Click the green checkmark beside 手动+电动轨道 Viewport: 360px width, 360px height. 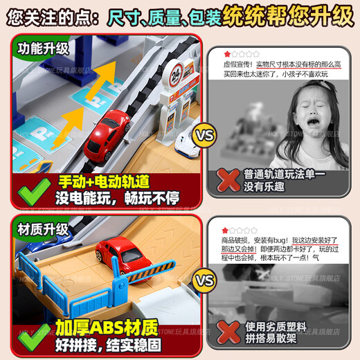[x=29, y=189]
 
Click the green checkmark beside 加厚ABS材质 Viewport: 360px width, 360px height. [x=29, y=334]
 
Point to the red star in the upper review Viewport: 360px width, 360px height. [x=226, y=53]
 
